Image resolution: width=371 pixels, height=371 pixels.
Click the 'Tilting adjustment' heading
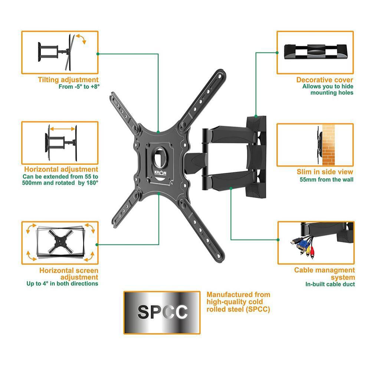pyautogui.click(x=68, y=80)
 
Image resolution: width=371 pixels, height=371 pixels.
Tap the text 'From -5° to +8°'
pyautogui.click(x=79, y=87)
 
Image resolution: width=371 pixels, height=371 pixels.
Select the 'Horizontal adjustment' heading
pyautogui.click(x=61, y=169)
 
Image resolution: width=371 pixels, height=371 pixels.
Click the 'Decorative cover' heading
pyautogui.click(x=325, y=80)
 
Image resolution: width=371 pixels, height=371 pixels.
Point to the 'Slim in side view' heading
pyautogui.click(x=325, y=172)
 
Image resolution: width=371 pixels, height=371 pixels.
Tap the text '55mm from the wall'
pyautogui.click(x=326, y=180)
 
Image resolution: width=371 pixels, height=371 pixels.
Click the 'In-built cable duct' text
pyautogui.click(x=330, y=284)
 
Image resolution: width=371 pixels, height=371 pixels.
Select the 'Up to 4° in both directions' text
pyautogui.click(x=62, y=283)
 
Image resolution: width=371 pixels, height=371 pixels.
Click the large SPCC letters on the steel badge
pyautogui.click(x=162, y=312)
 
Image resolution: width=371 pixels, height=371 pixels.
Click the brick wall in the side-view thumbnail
pyautogui.click(x=328, y=145)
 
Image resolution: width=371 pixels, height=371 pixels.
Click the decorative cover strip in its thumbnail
pyautogui.click(x=315, y=52)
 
